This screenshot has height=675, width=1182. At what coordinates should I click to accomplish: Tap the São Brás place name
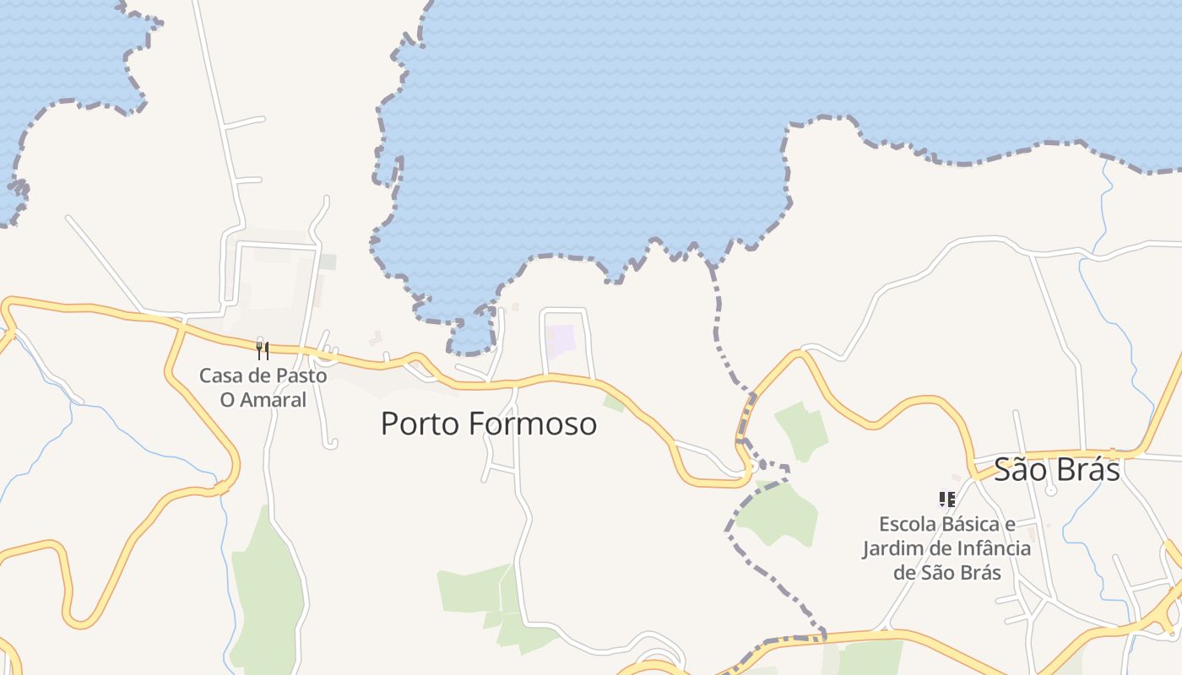point(1056,470)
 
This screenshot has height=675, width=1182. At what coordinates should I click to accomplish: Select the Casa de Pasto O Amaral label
point(263,387)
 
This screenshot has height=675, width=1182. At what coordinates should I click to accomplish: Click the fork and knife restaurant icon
point(263,350)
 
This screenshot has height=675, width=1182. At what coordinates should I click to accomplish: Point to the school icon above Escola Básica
point(946,499)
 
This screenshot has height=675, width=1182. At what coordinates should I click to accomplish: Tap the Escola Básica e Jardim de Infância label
point(946,548)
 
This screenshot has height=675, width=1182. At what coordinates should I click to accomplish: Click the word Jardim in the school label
point(891,548)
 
